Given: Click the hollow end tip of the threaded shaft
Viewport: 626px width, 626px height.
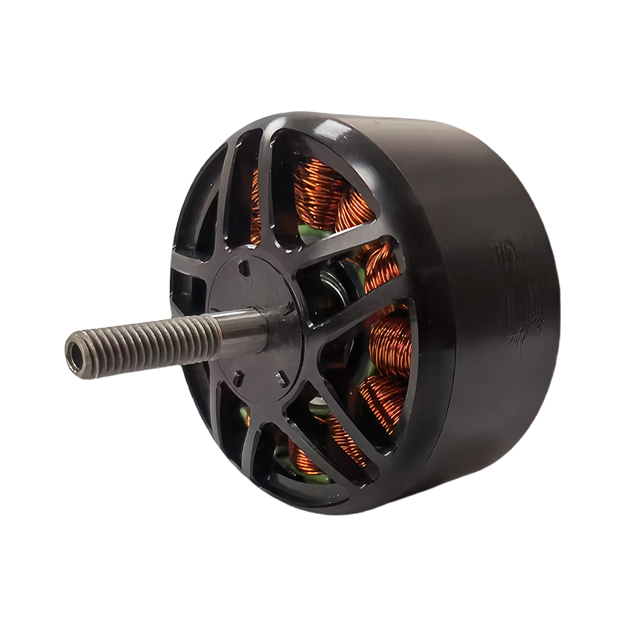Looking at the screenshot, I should coord(77,344).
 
